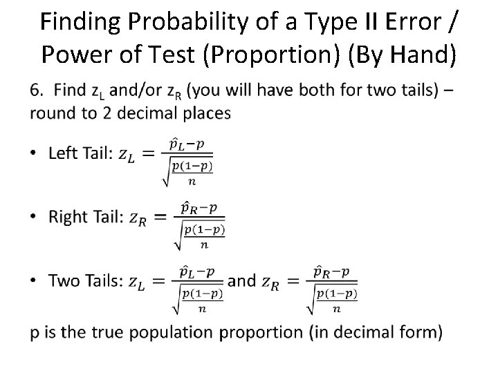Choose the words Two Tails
84,281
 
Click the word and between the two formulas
241,281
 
